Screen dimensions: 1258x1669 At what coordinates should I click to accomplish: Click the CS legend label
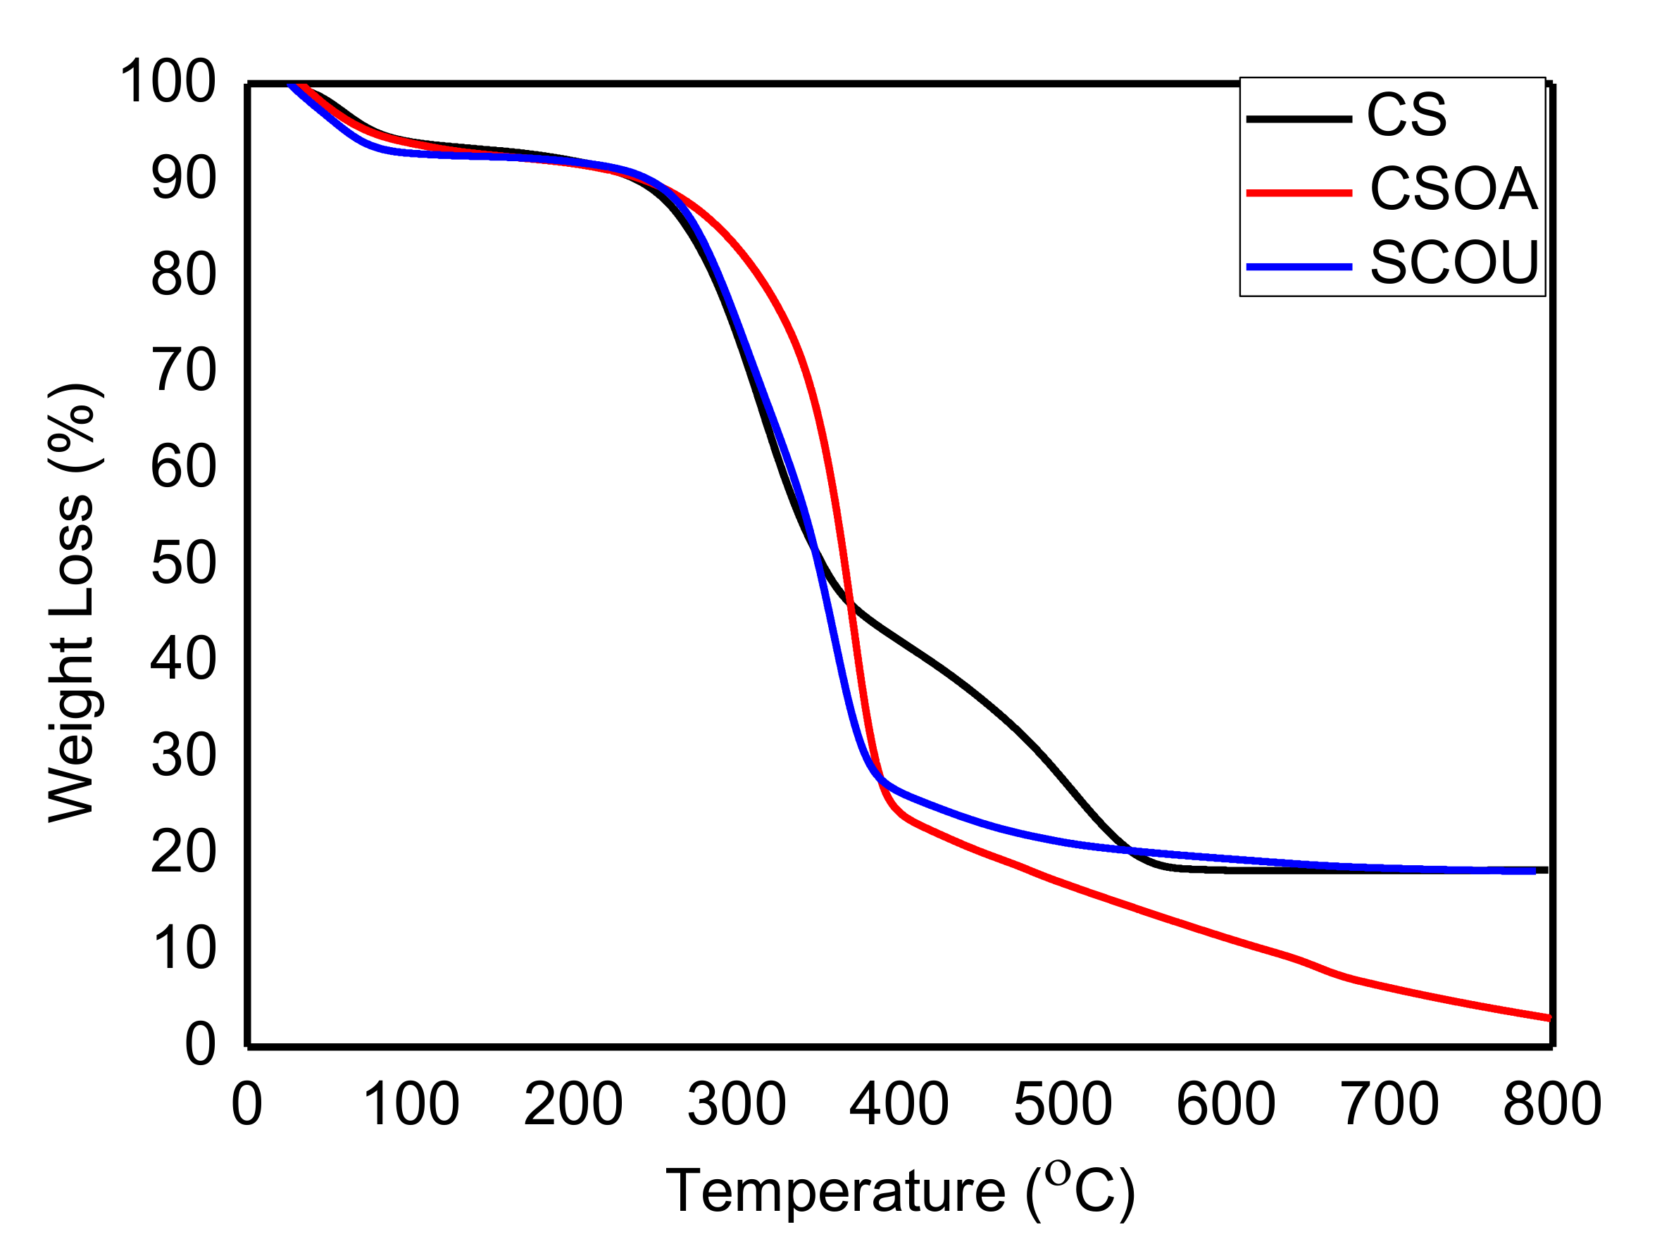[x=1406, y=115]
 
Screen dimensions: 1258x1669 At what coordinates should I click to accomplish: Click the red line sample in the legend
[x=1299, y=193]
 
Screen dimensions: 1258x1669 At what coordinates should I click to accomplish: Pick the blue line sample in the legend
[x=1299, y=266]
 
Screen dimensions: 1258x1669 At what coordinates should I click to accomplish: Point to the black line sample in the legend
[x=1299, y=119]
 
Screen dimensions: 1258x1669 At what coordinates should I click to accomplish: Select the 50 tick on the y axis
[x=183, y=562]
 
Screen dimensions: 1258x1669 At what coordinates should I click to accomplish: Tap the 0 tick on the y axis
[x=200, y=1045]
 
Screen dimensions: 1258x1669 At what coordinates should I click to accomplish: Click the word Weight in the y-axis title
[x=72, y=729]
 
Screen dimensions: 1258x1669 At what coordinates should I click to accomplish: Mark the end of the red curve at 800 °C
[x=1549, y=1018]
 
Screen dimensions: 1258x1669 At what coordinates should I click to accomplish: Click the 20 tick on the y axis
[x=183, y=853]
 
